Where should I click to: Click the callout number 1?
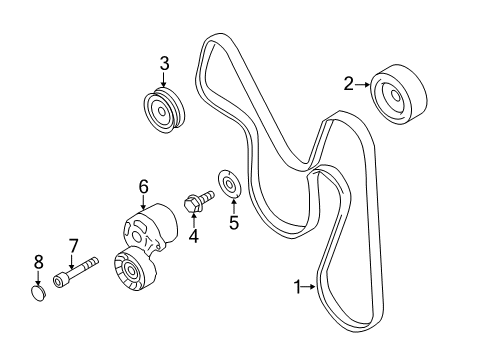click(296, 286)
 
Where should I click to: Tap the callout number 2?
click(349, 86)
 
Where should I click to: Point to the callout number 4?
click(194, 236)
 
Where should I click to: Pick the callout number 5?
click(234, 223)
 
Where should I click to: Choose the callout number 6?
click(143, 185)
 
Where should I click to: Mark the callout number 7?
click(73, 245)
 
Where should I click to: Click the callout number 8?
click(38, 262)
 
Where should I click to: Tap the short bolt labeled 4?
click(198, 203)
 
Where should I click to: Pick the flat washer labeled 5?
click(229, 185)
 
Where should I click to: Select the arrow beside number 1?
click(310, 287)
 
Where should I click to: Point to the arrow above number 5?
click(233, 205)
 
